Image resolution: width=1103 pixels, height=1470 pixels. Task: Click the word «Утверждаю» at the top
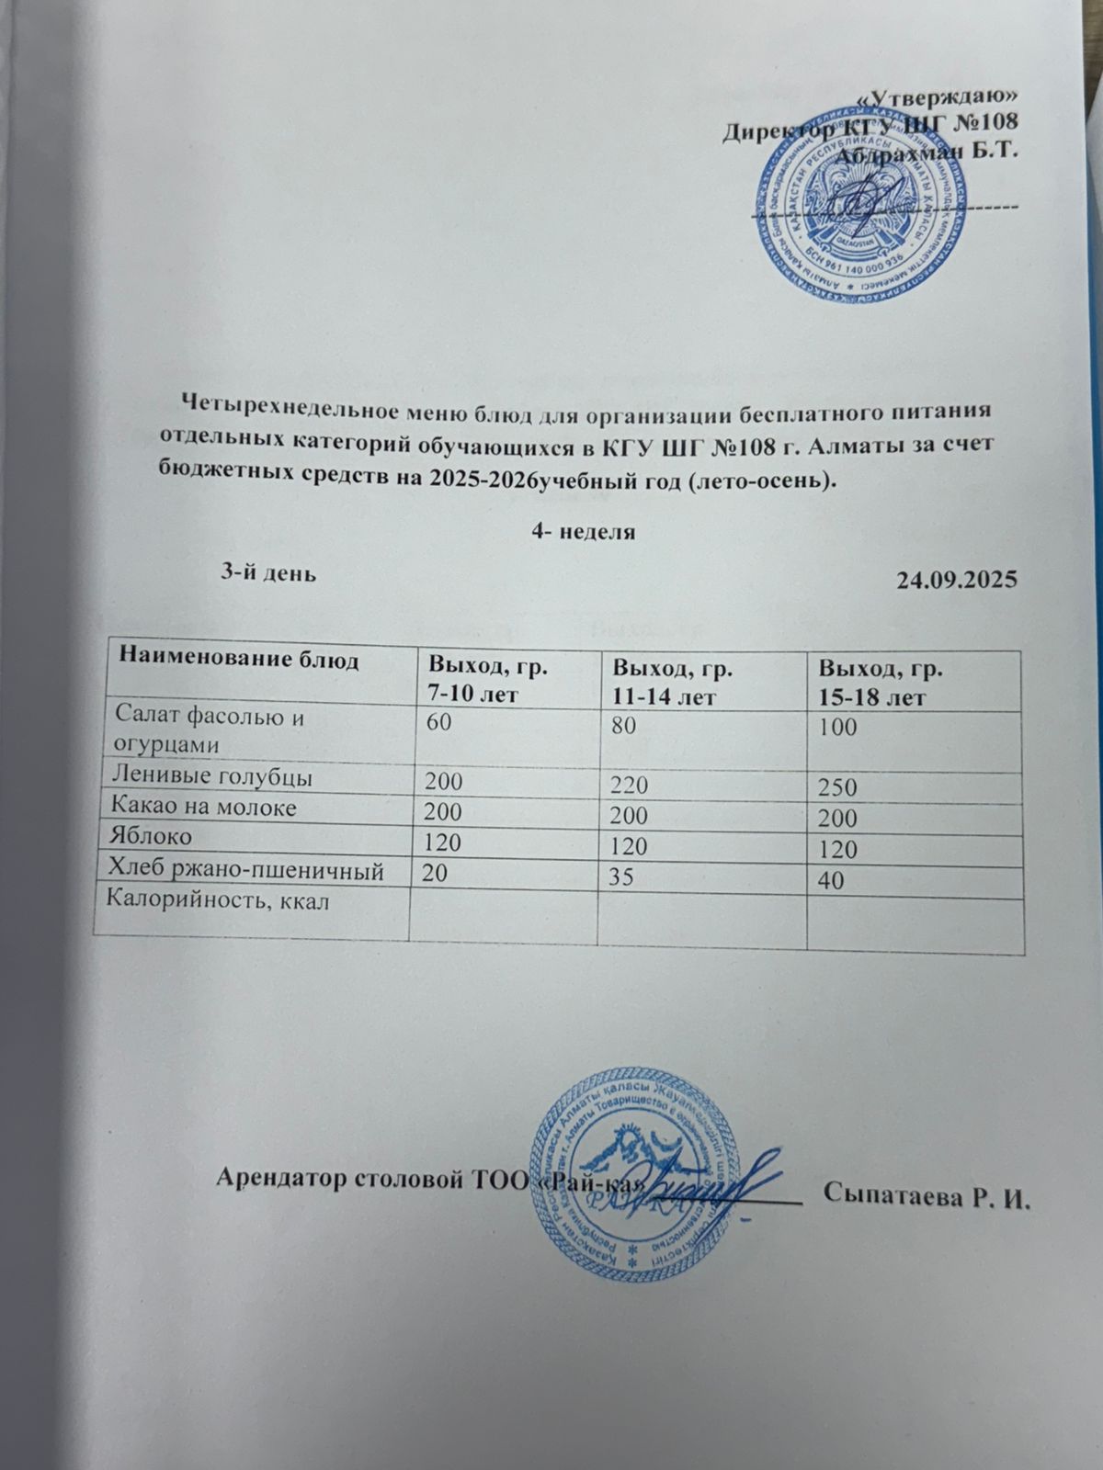point(943,96)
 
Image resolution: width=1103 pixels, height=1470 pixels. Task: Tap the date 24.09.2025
point(956,580)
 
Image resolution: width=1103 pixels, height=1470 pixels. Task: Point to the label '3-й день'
point(267,573)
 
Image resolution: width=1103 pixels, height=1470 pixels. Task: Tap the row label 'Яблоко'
point(151,837)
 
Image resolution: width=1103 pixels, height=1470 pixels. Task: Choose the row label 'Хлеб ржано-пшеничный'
point(245,868)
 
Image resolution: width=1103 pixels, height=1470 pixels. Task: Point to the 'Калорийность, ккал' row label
point(219,900)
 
